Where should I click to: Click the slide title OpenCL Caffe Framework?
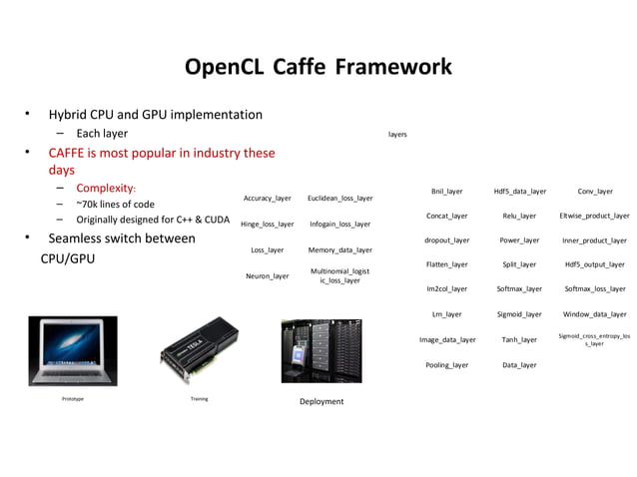pyautogui.click(x=318, y=67)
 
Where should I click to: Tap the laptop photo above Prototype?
pyautogui.click(x=72, y=350)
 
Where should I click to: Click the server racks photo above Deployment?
pyautogui.click(x=321, y=351)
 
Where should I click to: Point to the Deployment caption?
pyautogui.click(x=321, y=401)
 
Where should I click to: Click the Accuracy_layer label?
pyautogui.click(x=268, y=199)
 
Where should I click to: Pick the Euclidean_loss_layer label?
pyautogui.click(x=339, y=199)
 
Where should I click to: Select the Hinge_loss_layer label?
pyautogui.click(x=268, y=225)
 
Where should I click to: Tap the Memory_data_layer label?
pyautogui.click(x=339, y=249)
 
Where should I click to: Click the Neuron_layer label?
pyautogui.click(x=268, y=275)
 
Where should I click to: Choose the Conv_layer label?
pyautogui.click(x=595, y=191)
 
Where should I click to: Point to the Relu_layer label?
pyautogui.click(x=519, y=216)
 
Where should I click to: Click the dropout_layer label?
pyautogui.click(x=446, y=240)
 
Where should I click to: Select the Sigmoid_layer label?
pyautogui.click(x=519, y=313)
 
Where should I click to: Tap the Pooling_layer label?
pyautogui.click(x=446, y=365)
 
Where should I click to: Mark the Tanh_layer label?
pyautogui.click(x=519, y=339)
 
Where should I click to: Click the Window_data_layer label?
pyautogui.click(x=595, y=313)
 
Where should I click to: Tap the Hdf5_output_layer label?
pyautogui.click(x=595, y=264)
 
